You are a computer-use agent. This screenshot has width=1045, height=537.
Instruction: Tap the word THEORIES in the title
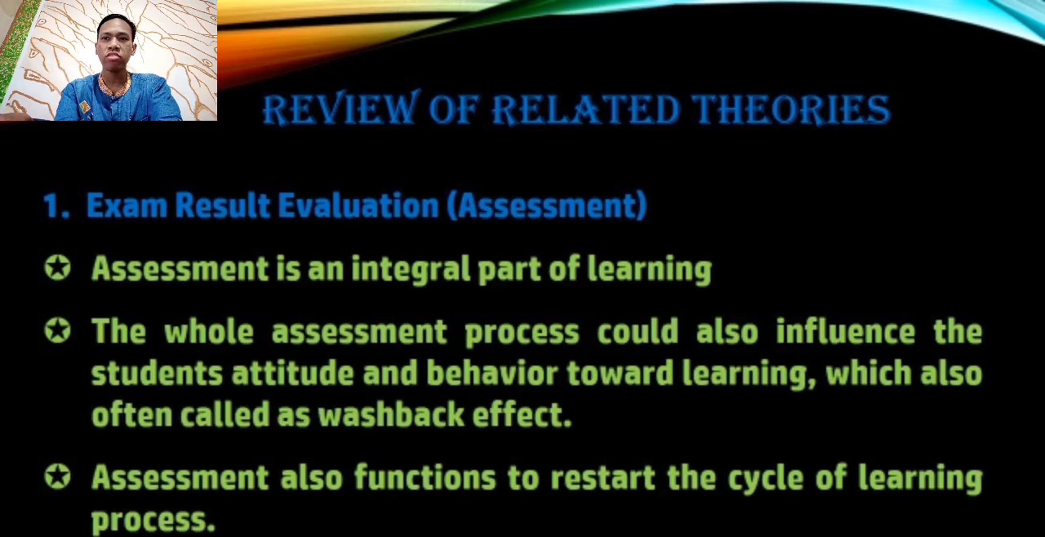(x=791, y=109)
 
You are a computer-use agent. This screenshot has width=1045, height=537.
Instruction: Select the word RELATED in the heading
(x=585, y=109)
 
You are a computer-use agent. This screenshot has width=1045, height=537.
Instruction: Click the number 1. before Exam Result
(x=57, y=205)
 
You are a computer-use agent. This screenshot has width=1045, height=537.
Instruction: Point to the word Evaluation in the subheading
(x=358, y=205)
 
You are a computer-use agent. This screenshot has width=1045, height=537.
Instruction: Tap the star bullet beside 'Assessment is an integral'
(x=57, y=267)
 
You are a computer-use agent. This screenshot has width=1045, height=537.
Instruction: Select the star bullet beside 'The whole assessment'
(x=57, y=331)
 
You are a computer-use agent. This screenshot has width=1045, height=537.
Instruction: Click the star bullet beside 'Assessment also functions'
(x=57, y=476)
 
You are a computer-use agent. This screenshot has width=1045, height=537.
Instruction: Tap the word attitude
(x=293, y=373)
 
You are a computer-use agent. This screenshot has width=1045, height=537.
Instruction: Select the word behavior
(x=492, y=373)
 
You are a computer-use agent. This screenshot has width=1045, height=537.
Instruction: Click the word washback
(x=391, y=415)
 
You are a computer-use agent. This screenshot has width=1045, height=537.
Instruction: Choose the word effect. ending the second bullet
(x=522, y=415)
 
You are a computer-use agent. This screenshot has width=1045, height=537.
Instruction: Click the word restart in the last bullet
(x=603, y=478)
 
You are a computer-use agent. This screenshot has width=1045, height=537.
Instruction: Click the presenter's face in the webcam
(x=115, y=46)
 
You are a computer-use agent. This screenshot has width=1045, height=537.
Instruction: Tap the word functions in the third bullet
(x=425, y=477)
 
